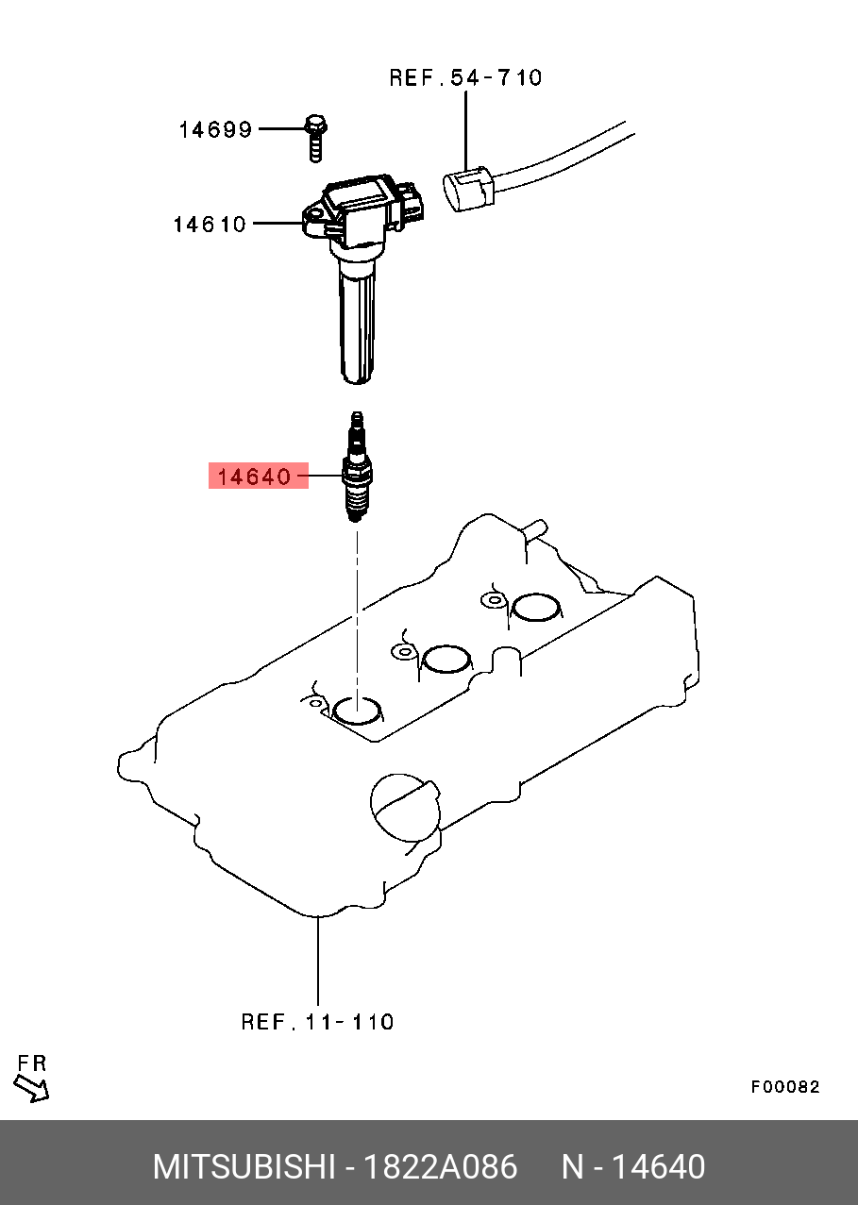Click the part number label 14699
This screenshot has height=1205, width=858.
tap(215, 129)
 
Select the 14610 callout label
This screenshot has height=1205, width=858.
tap(209, 225)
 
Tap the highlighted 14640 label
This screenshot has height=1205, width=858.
tap(255, 477)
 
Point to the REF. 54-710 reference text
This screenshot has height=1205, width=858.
tap(465, 77)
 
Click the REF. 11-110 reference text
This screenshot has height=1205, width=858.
tap(317, 1021)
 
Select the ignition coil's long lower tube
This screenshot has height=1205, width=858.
tap(358, 321)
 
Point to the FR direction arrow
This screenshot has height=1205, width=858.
tap(32, 1089)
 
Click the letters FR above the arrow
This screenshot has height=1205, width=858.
tap(31, 1063)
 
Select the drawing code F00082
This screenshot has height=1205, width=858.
tap(785, 1087)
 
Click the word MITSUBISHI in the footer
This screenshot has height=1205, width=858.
tap(244, 1167)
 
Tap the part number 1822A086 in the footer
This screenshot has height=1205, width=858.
tap(441, 1167)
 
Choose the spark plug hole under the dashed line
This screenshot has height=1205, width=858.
tap(358, 711)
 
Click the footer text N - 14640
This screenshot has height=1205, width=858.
tap(633, 1167)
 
